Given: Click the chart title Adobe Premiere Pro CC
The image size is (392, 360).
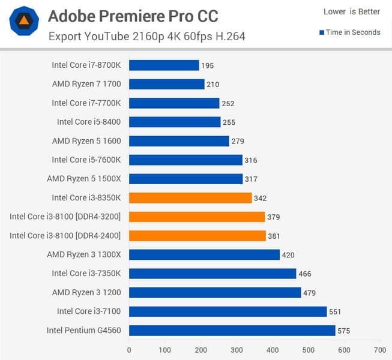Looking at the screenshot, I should [133, 16].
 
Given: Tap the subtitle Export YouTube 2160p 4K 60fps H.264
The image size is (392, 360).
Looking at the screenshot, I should [146, 36].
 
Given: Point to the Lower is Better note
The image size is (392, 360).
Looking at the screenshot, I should [351, 12].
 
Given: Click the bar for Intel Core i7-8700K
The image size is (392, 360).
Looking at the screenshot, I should [164, 65].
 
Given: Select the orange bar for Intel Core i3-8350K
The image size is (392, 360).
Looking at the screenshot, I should [190, 198].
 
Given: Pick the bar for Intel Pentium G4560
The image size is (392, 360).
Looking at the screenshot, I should [232, 331].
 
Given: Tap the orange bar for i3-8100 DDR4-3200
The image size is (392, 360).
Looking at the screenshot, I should [197, 217].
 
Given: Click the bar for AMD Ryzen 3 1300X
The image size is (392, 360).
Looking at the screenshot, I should [204, 254].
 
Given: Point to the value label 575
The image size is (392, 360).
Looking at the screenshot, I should [343, 331].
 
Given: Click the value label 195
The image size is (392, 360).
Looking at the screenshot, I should [208, 65].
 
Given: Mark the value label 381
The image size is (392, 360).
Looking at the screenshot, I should [274, 236].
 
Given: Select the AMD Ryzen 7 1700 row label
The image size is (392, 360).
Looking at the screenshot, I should [86, 84].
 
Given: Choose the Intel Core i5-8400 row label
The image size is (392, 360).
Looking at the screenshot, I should [89, 122].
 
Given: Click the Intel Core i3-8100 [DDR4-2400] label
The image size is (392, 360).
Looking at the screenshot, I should [65, 236].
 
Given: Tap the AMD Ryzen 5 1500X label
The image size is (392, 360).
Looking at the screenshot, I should [84, 179].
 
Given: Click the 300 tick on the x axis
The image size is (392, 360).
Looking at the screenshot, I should [237, 349].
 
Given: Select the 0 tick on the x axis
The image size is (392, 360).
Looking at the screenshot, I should [129, 349].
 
